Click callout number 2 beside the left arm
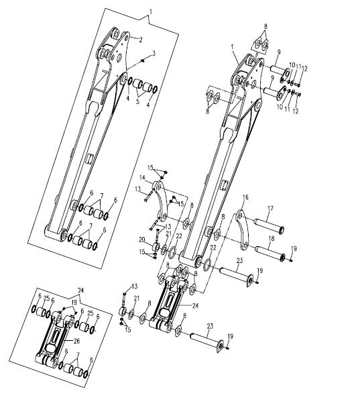(x=141, y=40)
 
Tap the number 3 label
(x=154, y=54)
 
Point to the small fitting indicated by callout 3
(x=143, y=61)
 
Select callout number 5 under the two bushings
(x=137, y=101)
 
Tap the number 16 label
(x=245, y=197)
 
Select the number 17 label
(x=270, y=209)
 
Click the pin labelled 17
(x=269, y=225)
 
